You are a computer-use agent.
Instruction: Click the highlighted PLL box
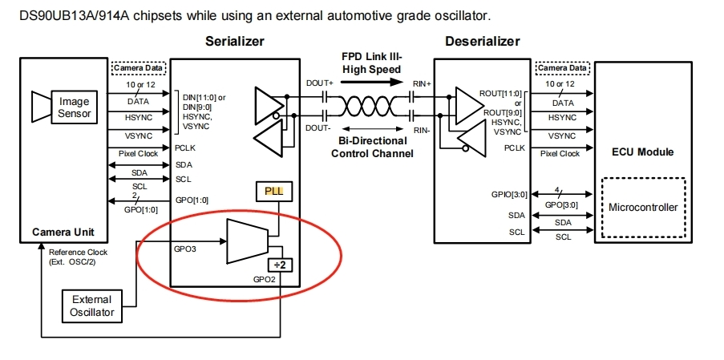tap(275, 191)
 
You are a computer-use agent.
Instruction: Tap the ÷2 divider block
tap(281, 265)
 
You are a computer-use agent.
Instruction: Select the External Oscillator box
tap(92, 305)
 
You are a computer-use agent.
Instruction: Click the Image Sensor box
tap(75, 107)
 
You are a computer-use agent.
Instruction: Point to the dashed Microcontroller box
tap(643, 208)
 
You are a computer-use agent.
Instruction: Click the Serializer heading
tap(235, 42)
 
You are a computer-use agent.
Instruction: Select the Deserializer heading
tap(482, 42)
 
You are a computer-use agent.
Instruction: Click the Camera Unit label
tap(63, 232)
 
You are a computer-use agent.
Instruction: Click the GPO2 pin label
tap(265, 279)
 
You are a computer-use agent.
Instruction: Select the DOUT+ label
tap(319, 83)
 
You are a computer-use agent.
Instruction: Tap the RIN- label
tap(421, 131)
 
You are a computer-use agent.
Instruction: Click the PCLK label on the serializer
tap(185, 148)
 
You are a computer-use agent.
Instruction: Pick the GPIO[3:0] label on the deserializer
tap(508, 194)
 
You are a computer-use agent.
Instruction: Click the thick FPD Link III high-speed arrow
tap(371, 82)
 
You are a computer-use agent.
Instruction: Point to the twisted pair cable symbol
tap(370, 107)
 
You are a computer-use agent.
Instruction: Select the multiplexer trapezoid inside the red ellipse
tap(247, 241)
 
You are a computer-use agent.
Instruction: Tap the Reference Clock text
tap(78, 252)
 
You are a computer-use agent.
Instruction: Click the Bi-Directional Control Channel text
tap(372, 147)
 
